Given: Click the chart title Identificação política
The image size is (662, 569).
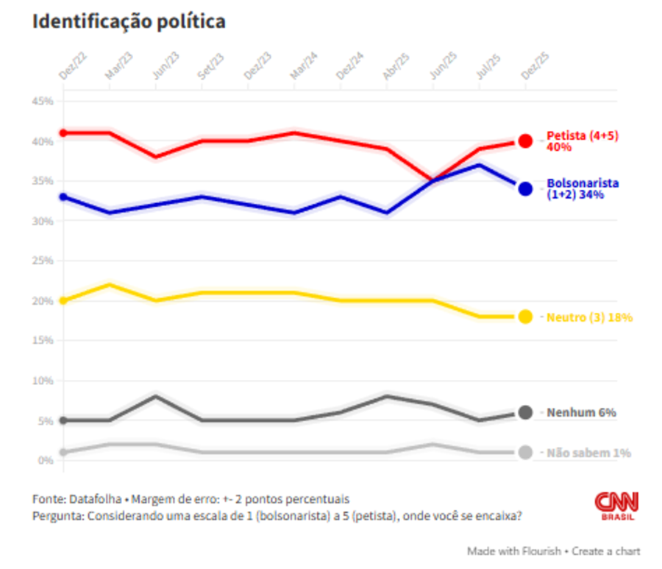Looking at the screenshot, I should click(x=129, y=22).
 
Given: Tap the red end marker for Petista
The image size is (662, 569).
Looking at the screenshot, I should click(x=525, y=141).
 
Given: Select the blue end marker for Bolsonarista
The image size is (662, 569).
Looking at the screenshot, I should click(x=525, y=188).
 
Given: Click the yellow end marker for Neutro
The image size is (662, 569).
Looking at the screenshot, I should click(x=525, y=317).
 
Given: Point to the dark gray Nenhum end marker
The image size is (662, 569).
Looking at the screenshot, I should click(x=525, y=412).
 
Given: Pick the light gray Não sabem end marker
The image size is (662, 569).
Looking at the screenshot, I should click(x=525, y=453).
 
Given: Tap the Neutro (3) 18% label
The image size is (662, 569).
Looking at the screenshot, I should click(x=589, y=317).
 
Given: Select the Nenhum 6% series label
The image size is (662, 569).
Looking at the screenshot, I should click(x=581, y=413).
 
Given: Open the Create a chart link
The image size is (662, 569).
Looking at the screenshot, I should click(x=608, y=551).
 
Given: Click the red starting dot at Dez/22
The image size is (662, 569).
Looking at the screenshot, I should click(x=63, y=132).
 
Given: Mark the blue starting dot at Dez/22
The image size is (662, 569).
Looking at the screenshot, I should click(x=63, y=197).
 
